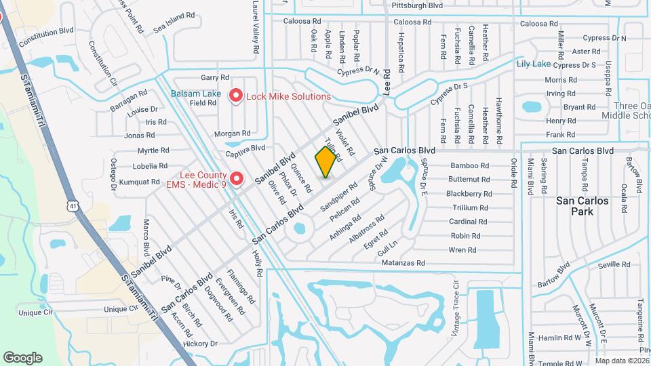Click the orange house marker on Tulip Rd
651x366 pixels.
pos(326,162)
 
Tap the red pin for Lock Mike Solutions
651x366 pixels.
pos(236,96)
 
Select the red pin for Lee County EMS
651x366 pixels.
pos(237,179)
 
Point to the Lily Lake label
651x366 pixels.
pos(533,64)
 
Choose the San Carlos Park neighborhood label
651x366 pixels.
pos(583,206)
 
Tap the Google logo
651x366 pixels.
pos(23,357)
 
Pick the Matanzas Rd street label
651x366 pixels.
pos(403,263)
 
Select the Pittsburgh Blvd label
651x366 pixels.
pos(417,5)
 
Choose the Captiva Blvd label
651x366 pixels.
pos(245,148)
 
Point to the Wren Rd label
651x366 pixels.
pos(462,250)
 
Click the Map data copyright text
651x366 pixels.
pos(620,361)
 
